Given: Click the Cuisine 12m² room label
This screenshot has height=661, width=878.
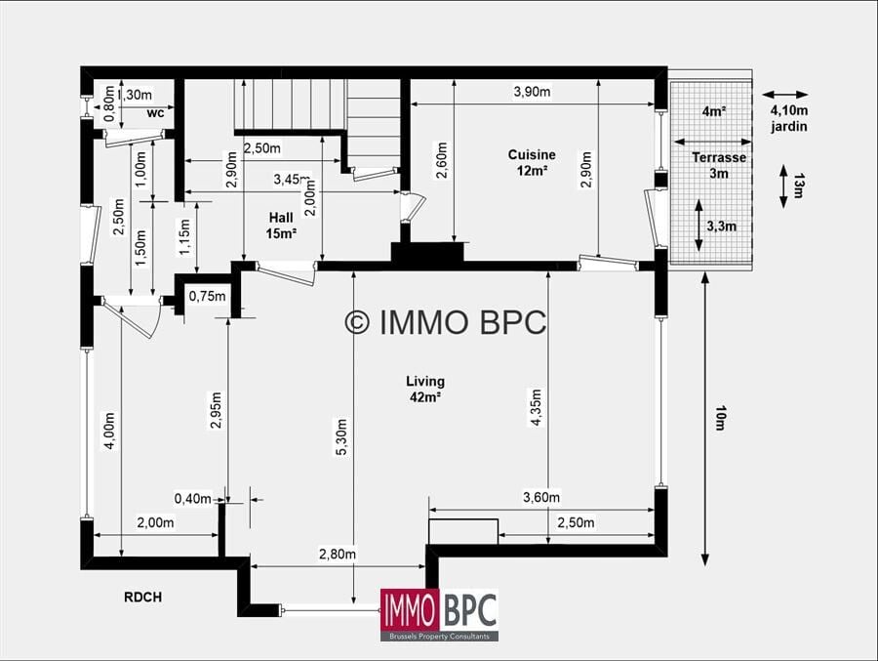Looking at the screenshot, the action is (x=532, y=163).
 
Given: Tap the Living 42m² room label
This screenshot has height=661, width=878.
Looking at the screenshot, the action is (x=425, y=390).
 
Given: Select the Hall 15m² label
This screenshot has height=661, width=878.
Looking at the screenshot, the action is (x=281, y=226).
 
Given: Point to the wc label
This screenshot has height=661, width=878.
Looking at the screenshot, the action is (x=156, y=112).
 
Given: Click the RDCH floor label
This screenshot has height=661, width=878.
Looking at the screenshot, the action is (x=142, y=598).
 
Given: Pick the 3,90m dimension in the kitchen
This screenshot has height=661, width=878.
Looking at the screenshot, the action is (x=532, y=92).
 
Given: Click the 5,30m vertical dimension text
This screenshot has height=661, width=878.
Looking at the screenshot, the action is (x=342, y=436).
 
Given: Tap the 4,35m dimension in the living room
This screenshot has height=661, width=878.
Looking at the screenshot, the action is (x=536, y=407).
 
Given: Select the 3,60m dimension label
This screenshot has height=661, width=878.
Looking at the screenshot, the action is (x=541, y=497).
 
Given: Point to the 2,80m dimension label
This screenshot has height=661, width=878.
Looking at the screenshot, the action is (x=338, y=554).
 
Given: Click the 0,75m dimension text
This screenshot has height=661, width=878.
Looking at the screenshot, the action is (x=207, y=296).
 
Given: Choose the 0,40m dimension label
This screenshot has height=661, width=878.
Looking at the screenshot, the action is (x=193, y=498).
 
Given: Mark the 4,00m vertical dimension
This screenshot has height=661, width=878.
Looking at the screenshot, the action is (x=109, y=431).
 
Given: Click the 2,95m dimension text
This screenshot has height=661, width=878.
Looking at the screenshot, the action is (x=217, y=410).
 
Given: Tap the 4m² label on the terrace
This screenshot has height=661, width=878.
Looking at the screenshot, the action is (x=714, y=111).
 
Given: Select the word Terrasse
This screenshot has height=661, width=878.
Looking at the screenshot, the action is (x=719, y=157).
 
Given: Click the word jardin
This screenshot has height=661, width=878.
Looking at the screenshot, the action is (x=789, y=127).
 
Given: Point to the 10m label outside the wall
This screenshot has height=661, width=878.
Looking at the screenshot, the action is (x=720, y=418).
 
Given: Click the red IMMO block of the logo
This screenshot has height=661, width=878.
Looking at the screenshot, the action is (x=410, y=610).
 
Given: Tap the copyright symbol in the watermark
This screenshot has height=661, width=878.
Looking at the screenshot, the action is (x=357, y=322).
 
